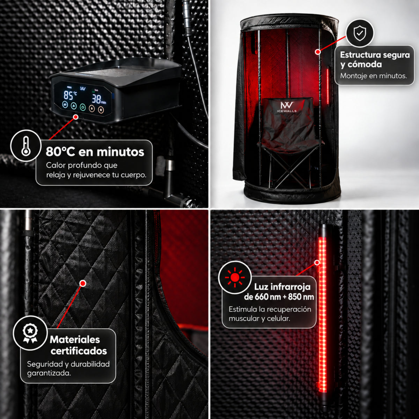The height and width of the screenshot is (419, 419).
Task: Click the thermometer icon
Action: (26, 146)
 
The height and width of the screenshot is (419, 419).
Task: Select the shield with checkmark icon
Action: (360, 33)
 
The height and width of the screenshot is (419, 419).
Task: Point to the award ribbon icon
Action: (30, 333)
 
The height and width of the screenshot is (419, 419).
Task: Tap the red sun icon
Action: (235, 278)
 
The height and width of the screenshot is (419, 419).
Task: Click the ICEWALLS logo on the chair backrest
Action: (287, 107)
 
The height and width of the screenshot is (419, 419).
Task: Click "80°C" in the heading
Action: (60, 152)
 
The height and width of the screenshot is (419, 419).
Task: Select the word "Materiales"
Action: (75, 339)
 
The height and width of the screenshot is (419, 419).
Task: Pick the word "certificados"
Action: (79, 351)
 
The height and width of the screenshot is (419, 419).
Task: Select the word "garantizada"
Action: (49, 373)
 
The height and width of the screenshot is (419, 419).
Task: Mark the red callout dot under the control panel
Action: (76, 117)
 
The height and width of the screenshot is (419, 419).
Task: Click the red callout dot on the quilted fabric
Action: (83, 283)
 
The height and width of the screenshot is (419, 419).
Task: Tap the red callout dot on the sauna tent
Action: (318, 52)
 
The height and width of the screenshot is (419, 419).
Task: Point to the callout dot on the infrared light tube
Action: (317, 263)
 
